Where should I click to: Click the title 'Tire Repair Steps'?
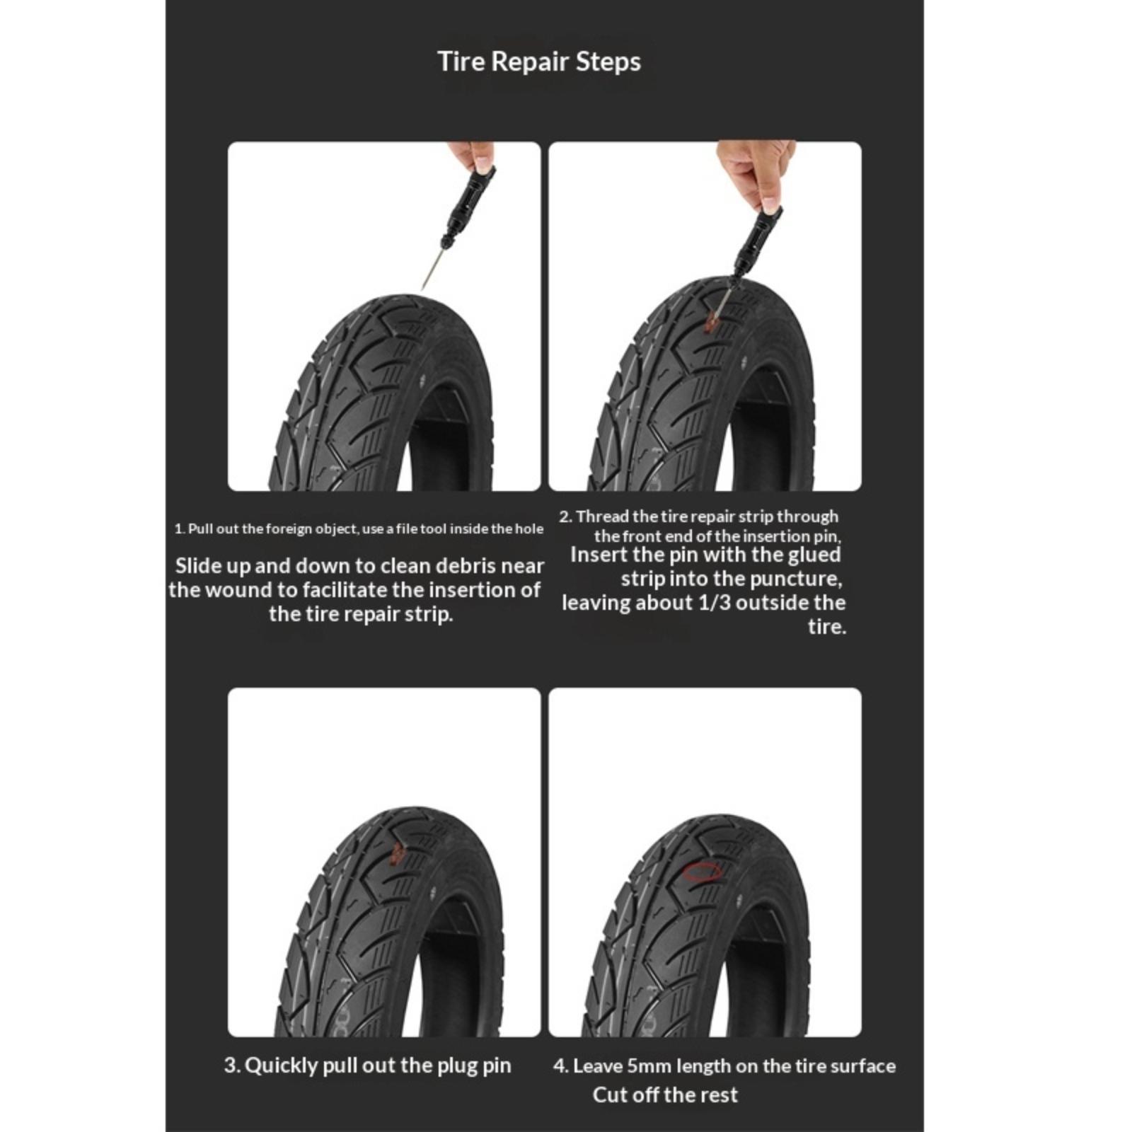[x=539, y=62]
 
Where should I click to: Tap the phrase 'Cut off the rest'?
[x=665, y=1095]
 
